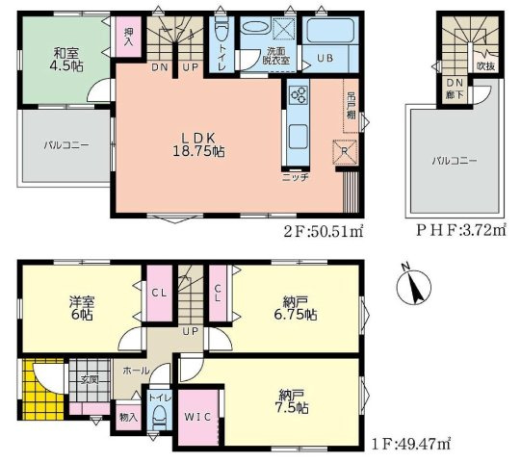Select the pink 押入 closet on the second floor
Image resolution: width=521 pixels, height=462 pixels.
[128, 38]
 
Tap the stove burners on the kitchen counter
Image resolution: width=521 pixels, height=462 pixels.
[297, 94]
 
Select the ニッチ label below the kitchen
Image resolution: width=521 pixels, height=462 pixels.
[295, 178]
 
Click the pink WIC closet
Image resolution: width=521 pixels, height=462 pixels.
[199, 415]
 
